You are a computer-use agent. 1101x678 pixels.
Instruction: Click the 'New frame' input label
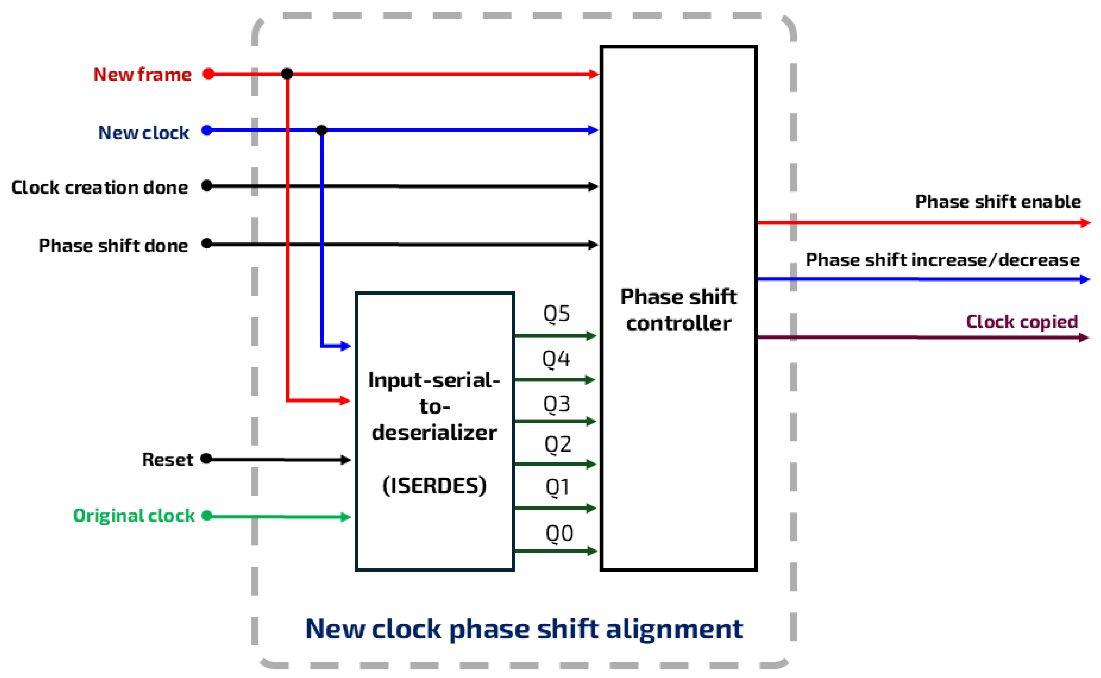click(x=142, y=75)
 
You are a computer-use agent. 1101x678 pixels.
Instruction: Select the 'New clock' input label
click(x=143, y=133)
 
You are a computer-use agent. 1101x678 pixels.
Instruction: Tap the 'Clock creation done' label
click(x=100, y=187)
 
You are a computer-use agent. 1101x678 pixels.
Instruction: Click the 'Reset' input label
click(x=167, y=460)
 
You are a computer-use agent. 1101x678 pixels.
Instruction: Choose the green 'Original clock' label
click(x=134, y=516)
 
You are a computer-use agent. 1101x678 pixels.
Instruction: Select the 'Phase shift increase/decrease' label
click(x=942, y=260)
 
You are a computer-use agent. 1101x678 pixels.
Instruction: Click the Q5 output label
click(x=556, y=314)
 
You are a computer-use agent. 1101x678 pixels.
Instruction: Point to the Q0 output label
click(x=559, y=534)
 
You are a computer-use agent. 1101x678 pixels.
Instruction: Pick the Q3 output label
click(x=556, y=404)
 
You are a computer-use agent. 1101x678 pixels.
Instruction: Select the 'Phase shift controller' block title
click(x=678, y=310)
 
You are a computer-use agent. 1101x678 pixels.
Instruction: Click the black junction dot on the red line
click(x=287, y=74)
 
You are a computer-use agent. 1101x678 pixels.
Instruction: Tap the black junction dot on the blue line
click(x=321, y=131)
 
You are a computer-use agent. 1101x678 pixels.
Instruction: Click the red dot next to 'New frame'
click(x=208, y=74)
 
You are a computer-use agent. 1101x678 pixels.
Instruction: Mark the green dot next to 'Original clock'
click(x=207, y=516)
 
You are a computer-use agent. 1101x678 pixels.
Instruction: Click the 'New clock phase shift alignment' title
click(x=524, y=629)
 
